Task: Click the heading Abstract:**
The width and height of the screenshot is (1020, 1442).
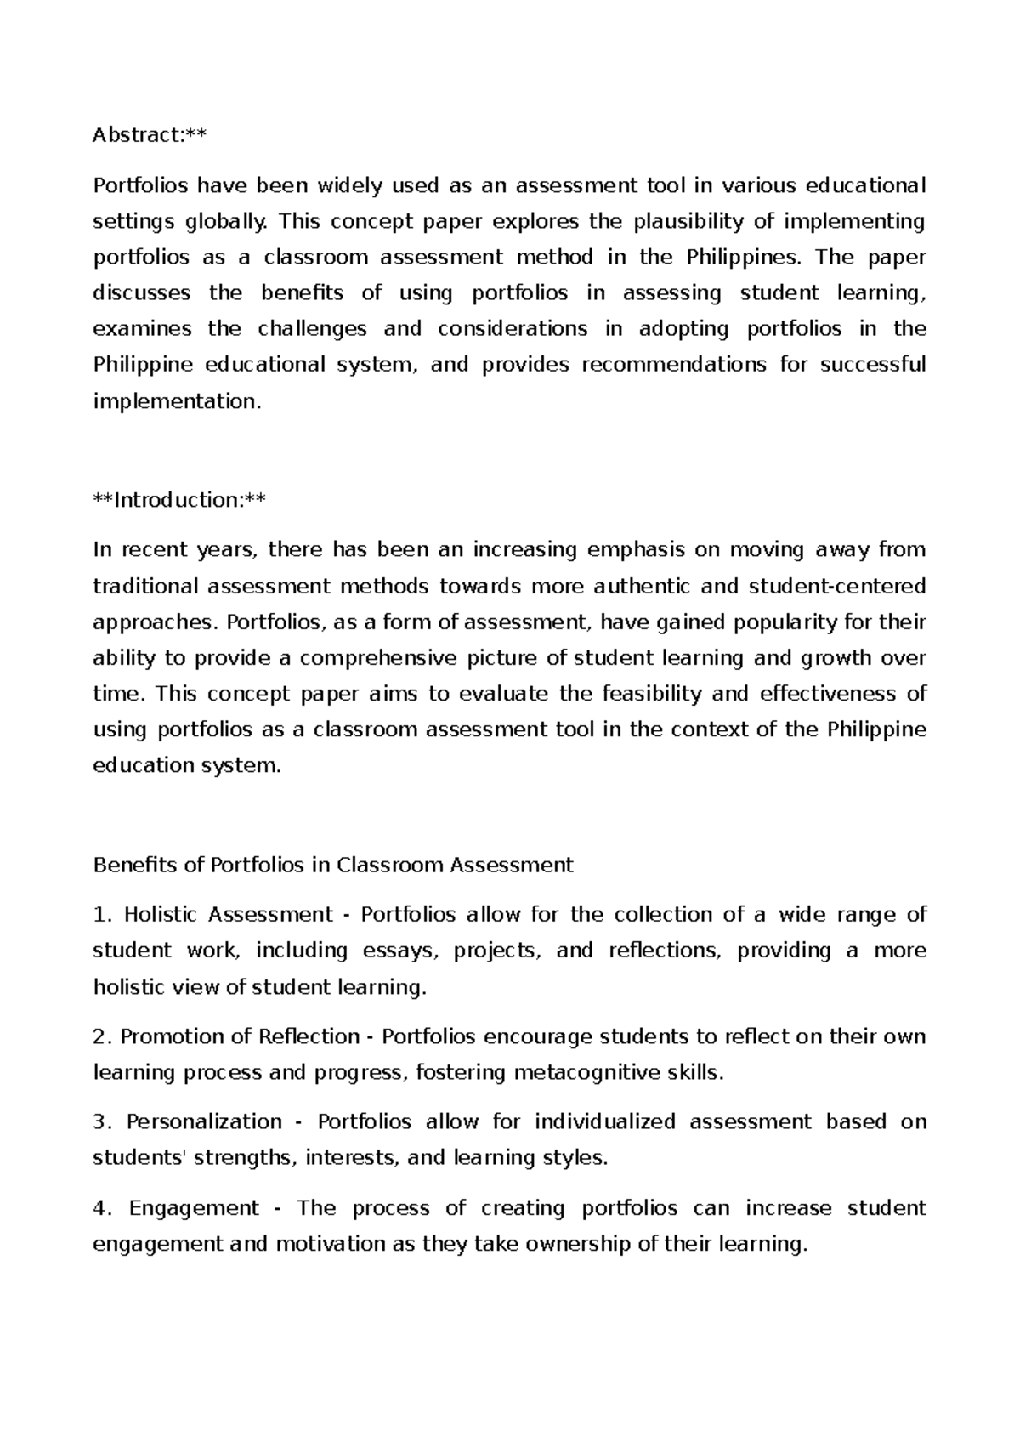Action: click(150, 135)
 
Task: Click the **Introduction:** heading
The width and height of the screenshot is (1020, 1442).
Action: click(178, 500)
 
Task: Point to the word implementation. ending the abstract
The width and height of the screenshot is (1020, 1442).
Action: click(177, 401)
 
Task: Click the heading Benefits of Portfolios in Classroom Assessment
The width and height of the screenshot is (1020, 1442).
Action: click(333, 866)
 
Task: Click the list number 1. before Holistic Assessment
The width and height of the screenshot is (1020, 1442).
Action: click(102, 915)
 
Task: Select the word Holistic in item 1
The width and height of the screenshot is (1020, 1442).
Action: click(161, 915)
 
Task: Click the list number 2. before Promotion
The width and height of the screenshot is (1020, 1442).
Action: click(102, 1037)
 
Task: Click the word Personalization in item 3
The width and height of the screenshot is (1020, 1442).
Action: click(204, 1122)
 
